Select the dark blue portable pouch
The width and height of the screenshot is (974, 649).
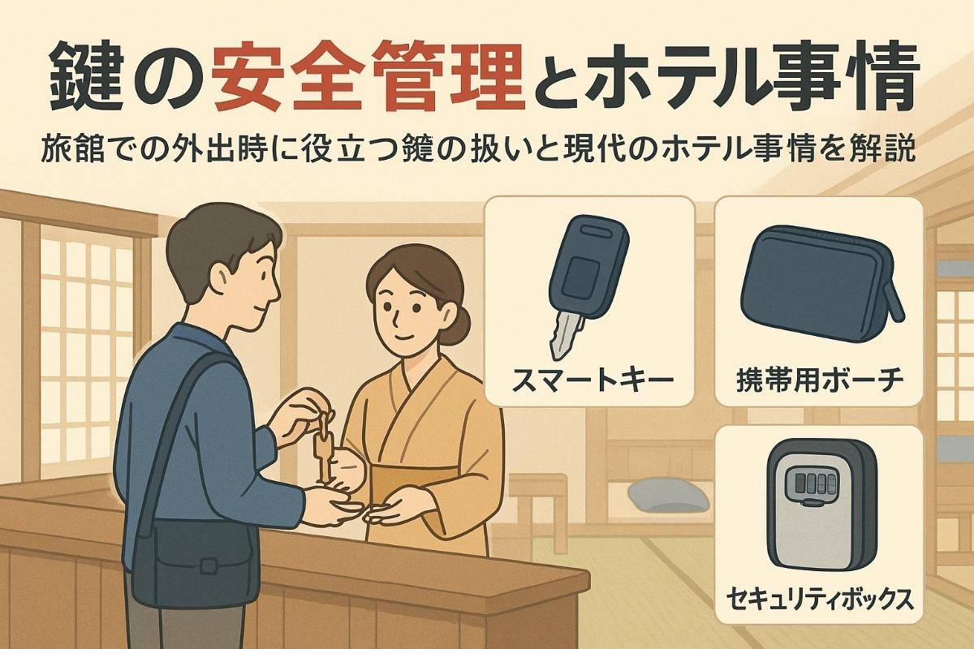820,280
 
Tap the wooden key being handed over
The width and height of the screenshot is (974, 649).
323,450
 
